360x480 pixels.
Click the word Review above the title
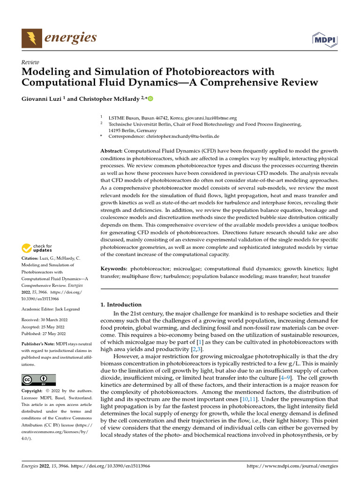click(30, 62)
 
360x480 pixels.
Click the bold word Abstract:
click(112, 151)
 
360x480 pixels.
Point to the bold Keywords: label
click(114, 269)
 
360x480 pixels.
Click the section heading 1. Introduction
click(121, 305)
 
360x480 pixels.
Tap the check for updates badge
click(37, 248)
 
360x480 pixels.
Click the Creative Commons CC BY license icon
click(38, 380)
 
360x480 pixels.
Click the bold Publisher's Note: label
click(38, 344)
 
